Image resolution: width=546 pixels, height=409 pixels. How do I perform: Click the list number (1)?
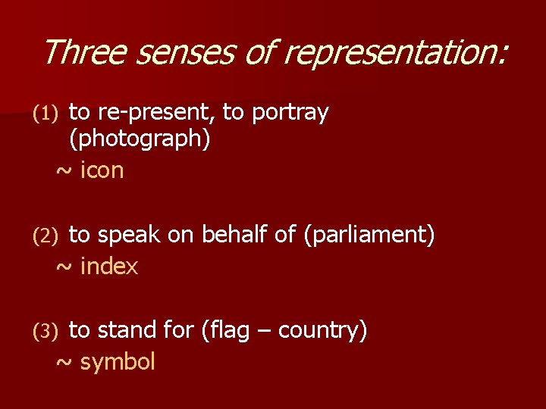tap(45, 114)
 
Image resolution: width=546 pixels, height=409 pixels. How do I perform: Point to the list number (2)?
tap(45, 236)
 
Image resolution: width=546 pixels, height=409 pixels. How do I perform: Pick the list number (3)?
tap(45, 331)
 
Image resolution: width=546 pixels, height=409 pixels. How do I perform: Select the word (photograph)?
tap(140, 139)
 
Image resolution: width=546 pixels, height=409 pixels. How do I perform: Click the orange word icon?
tap(102, 170)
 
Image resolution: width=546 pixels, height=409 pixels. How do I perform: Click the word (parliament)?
tap(369, 236)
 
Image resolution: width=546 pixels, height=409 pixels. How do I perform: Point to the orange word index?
tap(109, 267)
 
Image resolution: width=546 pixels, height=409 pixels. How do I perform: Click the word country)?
tap(323, 330)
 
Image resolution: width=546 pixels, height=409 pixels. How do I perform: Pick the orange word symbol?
tap(118, 362)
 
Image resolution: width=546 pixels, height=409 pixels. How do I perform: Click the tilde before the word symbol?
tap(64, 362)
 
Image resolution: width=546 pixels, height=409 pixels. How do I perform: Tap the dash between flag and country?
tap(267, 331)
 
